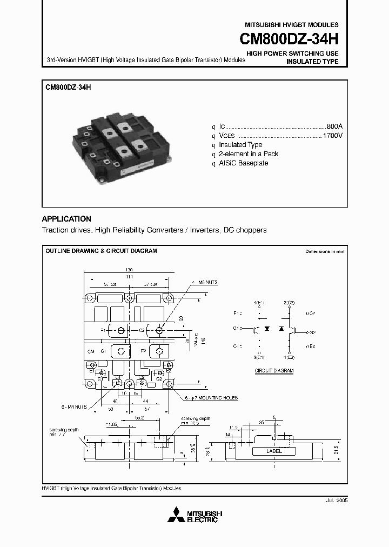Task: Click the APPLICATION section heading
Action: point(66,219)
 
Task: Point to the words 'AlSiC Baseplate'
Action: point(243,163)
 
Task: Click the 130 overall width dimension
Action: point(129,270)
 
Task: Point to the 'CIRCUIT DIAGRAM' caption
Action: point(274,371)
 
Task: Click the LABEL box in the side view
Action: point(274,451)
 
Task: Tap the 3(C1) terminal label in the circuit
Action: point(259,357)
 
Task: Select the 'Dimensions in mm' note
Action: point(324,251)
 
